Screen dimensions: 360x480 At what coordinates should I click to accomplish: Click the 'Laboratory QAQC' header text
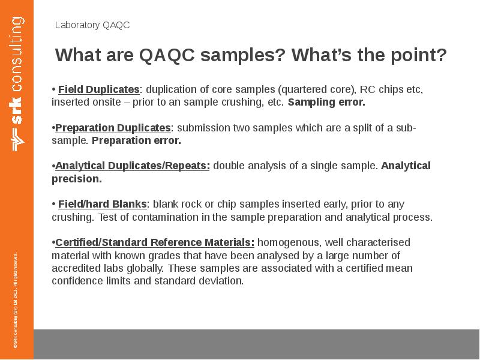pos(92,25)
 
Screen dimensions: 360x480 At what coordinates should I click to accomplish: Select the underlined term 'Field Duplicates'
pos(98,89)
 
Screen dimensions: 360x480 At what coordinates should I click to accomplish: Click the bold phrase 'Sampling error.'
pos(326,102)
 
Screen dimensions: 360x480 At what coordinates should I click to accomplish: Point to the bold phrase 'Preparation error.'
pos(136,140)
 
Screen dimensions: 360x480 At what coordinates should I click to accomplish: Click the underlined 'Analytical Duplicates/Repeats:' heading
pos(133,166)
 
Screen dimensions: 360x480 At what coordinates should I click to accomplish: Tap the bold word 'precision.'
pos(77,179)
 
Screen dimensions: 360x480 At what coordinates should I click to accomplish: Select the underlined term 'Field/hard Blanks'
pos(102,204)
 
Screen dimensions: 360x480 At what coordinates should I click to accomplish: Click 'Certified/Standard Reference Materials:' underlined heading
pos(155,242)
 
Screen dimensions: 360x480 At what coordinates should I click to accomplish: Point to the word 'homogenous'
pos(283,242)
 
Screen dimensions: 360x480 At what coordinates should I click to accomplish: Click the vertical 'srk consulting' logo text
pos(17,84)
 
